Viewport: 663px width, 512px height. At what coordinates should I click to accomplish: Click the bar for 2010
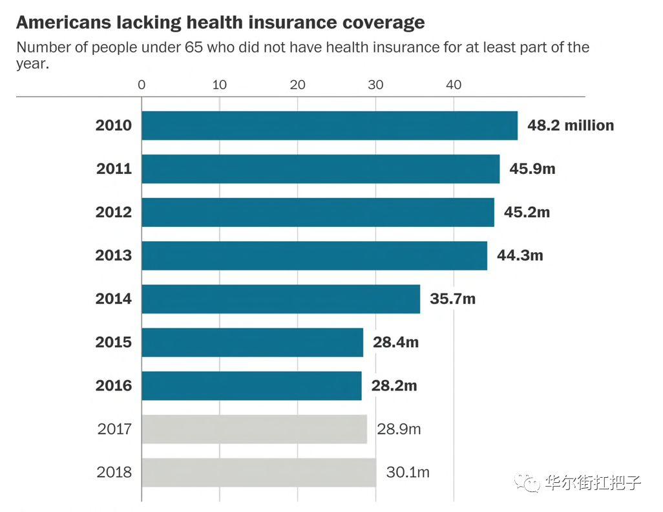tap(330, 125)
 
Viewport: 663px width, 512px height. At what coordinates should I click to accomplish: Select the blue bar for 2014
tap(280, 299)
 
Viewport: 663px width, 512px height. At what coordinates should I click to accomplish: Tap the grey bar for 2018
tap(258, 472)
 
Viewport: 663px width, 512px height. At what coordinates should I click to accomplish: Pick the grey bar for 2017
tap(254, 429)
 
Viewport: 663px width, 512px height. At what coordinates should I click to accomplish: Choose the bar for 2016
tap(251, 385)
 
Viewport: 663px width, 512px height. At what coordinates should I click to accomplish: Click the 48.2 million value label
tap(571, 125)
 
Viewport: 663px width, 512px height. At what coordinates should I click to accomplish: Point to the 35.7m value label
tap(452, 299)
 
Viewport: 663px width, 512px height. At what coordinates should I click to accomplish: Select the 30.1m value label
tap(408, 472)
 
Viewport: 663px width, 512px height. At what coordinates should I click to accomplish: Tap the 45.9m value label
tap(532, 169)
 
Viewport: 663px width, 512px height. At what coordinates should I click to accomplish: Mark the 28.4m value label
tap(395, 342)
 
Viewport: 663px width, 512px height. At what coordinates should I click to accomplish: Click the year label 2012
tap(114, 212)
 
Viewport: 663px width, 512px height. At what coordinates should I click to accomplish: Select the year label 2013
tap(114, 255)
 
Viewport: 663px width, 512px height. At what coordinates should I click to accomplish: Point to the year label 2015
tap(114, 342)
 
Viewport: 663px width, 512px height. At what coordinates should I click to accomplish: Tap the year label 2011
tap(114, 169)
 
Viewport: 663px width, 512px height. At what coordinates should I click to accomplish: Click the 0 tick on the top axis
tap(142, 85)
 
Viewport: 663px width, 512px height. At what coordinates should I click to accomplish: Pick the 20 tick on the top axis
tap(297, 85)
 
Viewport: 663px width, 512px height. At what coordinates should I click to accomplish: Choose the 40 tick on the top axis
tap(454, 85)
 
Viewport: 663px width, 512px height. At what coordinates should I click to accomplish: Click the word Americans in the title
tap(63, 23)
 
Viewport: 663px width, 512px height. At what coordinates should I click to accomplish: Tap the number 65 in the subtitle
tap(198, 48)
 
